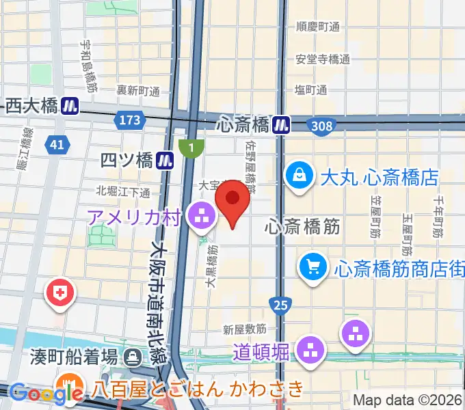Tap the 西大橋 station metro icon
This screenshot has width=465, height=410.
[x=69, y=105]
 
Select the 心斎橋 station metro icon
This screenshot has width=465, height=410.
[x=280, y=124]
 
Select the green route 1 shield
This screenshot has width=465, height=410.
[x=191, y=148]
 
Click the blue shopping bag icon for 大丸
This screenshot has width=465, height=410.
[x=300, y=176]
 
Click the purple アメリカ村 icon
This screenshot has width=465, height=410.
[x=201, y=218]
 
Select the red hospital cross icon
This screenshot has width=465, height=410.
[x=60, y=294]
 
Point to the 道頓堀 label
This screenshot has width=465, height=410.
[x=261, y=352]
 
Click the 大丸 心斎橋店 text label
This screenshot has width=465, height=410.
[x=379, y=178]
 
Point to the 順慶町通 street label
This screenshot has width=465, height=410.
[x=317, y=27]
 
